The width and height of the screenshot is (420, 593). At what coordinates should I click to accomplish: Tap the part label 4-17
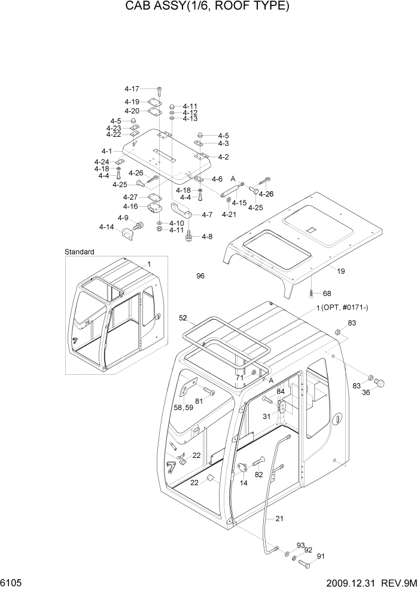pyautogui.click(x=132, y=89)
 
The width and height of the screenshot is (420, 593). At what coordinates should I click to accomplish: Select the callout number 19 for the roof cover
pyautogui.click(x=340, y=271)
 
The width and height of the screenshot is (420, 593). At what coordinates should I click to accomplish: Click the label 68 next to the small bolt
pyautogui.click(x=327, y=294)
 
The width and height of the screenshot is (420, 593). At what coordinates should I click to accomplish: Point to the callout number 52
pyautogui.click(x=183, y=318)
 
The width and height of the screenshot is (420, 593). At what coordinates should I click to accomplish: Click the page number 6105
pyautogui.click(x=13, y=582)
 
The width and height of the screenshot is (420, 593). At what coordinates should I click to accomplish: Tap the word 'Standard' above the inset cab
pyautogui.click(x=80, y=252)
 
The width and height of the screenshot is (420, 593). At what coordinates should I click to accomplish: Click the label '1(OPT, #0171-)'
pyautogui.click(x=343, y=308)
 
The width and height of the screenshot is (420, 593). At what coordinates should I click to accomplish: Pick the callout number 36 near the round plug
pyautogui.click(x=366, y=392)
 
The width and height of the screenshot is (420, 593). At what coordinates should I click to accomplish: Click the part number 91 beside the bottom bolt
pyautogui.click(x=320, y=557)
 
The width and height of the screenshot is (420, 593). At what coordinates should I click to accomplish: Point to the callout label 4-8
pyautogui.click(x=207, y=237)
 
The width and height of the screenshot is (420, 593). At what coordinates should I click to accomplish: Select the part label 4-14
pyautogui.click(x=106, y=227)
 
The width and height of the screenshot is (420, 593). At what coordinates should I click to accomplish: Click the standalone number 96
pyautogui.click(x=200, y=276)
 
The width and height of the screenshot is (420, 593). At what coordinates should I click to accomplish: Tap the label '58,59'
pyautogui.click(x=182, y=407)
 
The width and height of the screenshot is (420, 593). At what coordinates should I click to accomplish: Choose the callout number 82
pyautogui.click(x=258, y=475)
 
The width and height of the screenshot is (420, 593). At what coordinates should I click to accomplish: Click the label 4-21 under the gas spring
pyautogui.click(x=230, y=215)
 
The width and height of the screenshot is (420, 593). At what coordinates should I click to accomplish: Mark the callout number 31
pyautogui.click(x=267, y=417)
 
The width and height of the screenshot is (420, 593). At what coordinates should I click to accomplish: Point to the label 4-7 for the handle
pyautogui.click(x=207, y=215)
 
